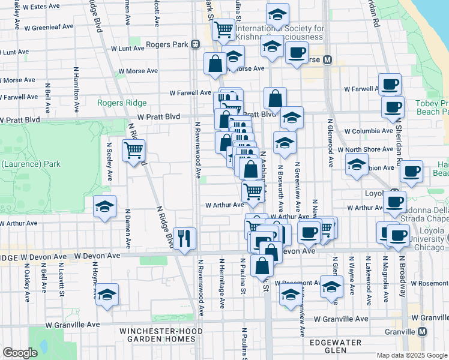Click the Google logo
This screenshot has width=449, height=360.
20,353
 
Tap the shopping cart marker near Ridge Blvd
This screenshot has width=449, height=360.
133,150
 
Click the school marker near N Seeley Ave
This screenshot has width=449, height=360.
105,208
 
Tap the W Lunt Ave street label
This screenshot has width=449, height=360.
128,49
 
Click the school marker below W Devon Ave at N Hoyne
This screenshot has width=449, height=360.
107,295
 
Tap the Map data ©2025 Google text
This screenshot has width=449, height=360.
411,355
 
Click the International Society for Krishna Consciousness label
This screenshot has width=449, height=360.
280,32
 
